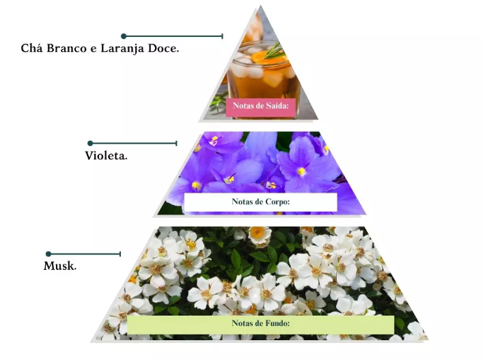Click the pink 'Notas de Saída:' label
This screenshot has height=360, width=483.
(x=262, y=106)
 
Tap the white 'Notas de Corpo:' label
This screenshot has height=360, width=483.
(x=260, y=202)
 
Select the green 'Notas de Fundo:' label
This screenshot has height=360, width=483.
(x=260, y=324)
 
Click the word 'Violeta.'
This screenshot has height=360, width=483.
(x=106, y=156)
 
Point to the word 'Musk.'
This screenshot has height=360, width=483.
(x=60, y=266)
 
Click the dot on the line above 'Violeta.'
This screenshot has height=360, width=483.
(x=89, y=143)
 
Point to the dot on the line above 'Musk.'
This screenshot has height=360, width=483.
(x=48, y=254)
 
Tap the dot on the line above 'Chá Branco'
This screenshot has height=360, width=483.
(x=124, y=36)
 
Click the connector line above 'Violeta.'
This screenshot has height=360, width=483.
(x=133, y=143)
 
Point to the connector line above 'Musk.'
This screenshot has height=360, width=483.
(x=85, y=254)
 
